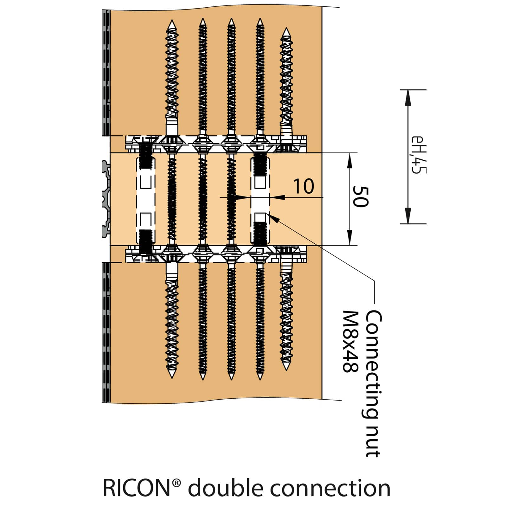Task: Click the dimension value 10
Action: click(x=304, y=186)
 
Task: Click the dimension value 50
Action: click(x=361, y=197)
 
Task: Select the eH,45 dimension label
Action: click(x=418, y=155)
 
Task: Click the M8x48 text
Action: click(x=350, y=341)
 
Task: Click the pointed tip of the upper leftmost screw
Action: click(x=172, y=23)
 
